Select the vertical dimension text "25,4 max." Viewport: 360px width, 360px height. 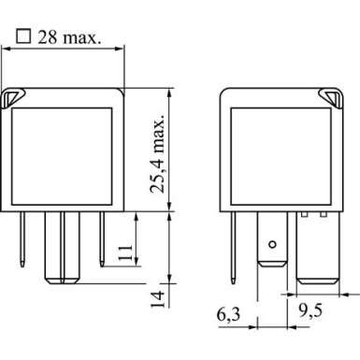158,151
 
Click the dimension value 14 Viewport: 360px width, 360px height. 158,298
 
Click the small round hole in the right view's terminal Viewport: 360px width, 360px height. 271,245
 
